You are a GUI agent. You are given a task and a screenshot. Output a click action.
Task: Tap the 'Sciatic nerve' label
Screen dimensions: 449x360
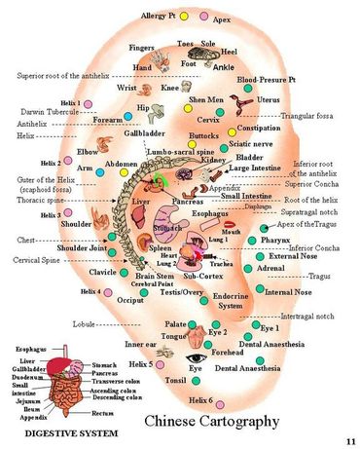point(253,143)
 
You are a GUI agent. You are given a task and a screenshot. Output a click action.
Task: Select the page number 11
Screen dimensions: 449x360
point(348,440)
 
